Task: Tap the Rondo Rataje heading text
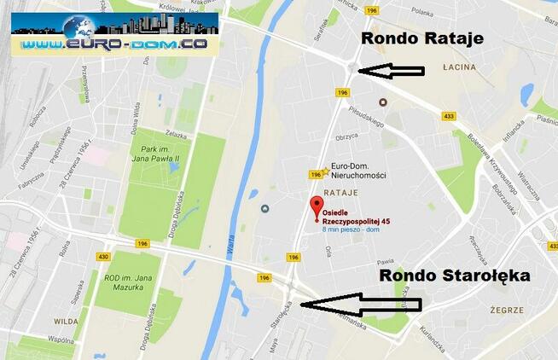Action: point(422,38)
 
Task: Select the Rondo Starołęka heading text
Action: point(454,275)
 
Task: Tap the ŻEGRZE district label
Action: point(508,311)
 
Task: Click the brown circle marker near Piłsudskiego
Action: point(382,102)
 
